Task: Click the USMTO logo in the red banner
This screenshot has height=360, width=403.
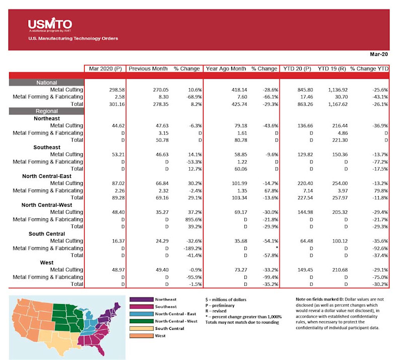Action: coord(50,24)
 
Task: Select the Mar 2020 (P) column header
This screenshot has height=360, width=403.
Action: coord(104,68)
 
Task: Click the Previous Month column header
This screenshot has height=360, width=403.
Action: coord(148,68)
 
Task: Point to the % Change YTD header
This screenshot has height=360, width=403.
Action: coord(369,68)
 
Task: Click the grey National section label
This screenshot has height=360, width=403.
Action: coord(46,82)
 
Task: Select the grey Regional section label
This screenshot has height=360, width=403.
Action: coord(46,111)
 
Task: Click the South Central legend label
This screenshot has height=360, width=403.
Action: coord(169,328)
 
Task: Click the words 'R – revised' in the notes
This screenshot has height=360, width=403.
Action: coord(218,311)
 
